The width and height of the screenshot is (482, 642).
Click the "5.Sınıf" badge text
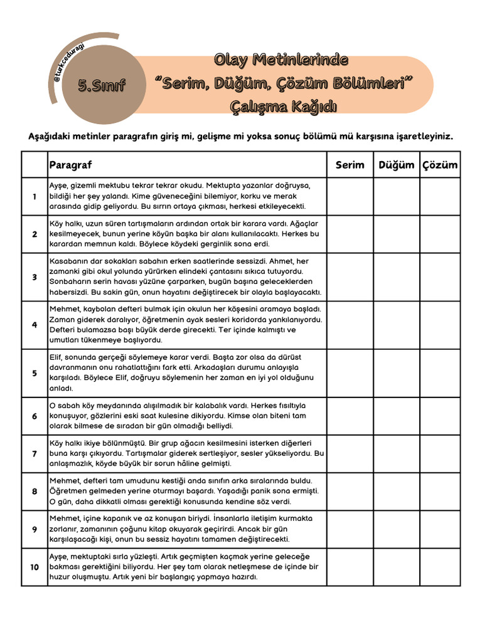[101, 86]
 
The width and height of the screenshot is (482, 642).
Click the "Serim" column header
[350, 165]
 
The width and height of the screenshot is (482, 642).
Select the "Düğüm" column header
[397, 165]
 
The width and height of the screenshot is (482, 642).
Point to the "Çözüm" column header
[439, 165]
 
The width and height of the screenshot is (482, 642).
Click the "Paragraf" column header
[70, 165]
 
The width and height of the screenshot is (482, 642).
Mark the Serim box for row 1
[350, 196]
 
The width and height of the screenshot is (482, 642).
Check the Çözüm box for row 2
[439, 234]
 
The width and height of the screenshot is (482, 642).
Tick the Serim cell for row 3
[350, 277]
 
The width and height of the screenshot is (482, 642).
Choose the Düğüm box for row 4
[397, 325]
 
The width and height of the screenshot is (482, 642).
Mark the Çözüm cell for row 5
[439, 373]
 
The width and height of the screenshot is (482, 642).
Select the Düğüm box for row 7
[397, 453]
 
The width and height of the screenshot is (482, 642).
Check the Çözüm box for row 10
[439, 567]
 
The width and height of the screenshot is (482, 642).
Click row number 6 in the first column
[35, 416]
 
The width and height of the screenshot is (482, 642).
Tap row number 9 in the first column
[35, 529]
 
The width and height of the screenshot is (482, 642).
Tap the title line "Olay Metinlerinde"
[281, 61]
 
